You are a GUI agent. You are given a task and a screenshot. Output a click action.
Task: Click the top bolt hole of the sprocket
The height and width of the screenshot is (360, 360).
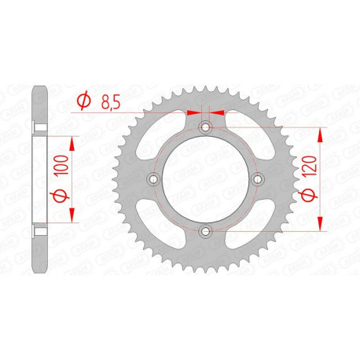click(x=205, y=127)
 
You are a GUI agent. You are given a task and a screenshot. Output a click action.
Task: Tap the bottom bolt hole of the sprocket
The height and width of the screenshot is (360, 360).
click(x=205, y=231)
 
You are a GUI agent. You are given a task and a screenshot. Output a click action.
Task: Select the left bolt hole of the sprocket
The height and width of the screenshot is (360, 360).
click(x=153, y=179)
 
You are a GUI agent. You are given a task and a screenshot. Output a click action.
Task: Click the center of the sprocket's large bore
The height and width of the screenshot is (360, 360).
click(x=205, y=179)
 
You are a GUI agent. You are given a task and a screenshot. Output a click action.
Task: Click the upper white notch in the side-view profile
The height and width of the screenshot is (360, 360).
click(x=38, y=127)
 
